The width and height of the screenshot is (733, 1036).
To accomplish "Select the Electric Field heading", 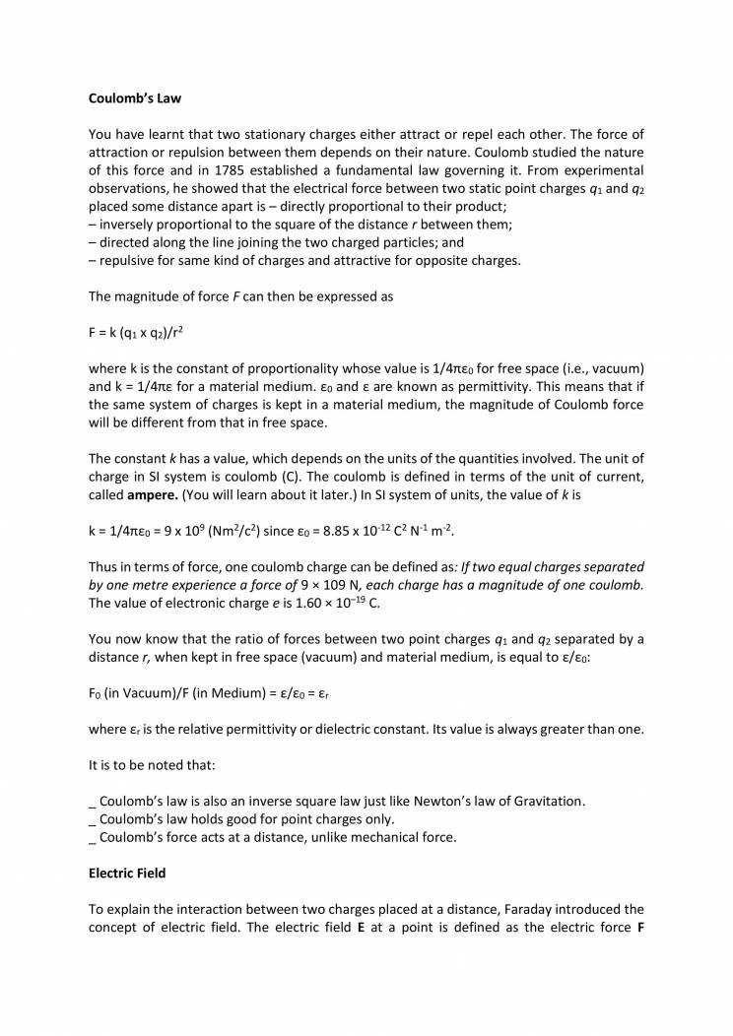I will [127, 873].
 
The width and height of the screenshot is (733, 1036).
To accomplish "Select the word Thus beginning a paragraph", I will [104, 567].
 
